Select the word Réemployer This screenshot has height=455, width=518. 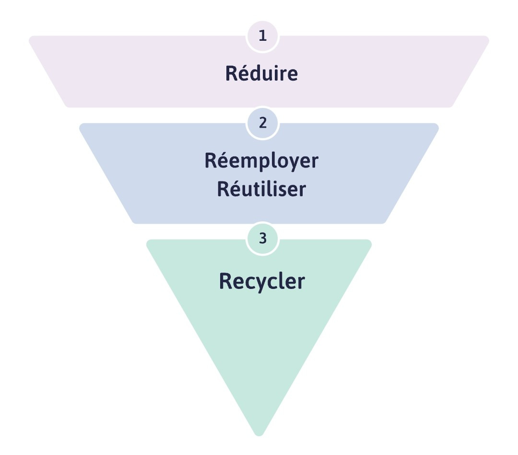tap(261, 161)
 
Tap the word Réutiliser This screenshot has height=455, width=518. tap(261, 189)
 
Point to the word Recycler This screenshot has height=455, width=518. tap(262, 281)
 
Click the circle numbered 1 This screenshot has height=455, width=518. tap(262, 36)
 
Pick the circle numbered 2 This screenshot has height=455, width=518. tap(262, 123)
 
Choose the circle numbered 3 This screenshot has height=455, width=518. tap(262, 239)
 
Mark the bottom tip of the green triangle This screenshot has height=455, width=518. tap(259, 433)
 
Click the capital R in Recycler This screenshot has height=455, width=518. tap(225, 281)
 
